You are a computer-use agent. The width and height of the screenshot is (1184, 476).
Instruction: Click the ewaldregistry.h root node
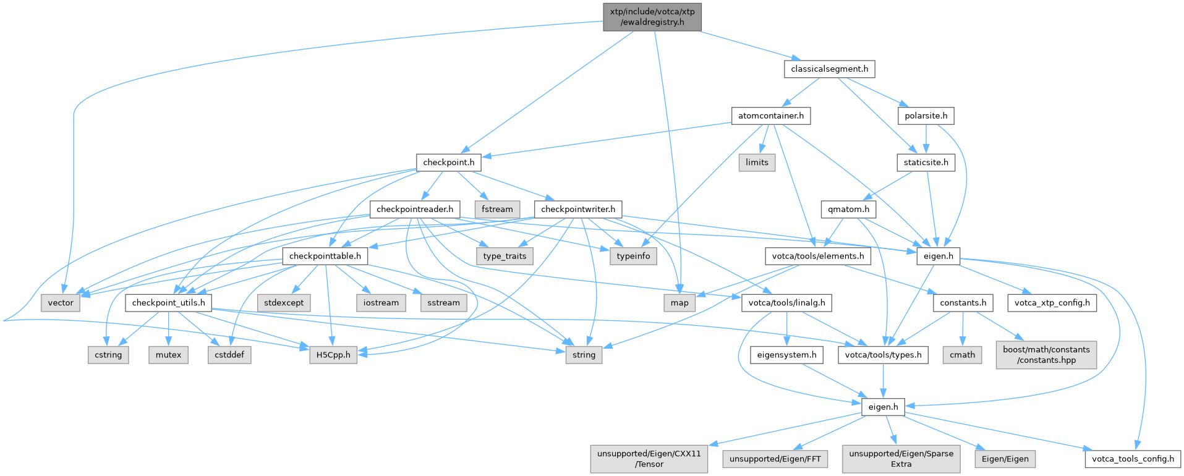click(652, 17)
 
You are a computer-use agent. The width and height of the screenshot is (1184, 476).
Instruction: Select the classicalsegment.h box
click(830, 69)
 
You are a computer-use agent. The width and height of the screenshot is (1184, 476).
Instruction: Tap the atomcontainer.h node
click(771, 116)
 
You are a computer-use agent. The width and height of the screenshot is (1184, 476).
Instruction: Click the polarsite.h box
click(926, 116)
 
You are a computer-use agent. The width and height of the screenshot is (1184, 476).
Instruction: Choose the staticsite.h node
click(926, 163)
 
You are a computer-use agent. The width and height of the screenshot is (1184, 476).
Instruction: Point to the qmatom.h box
click(849, 210)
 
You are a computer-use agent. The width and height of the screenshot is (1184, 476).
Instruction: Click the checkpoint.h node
click(449, 163)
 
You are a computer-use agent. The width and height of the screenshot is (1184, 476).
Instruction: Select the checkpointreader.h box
click(415, 210)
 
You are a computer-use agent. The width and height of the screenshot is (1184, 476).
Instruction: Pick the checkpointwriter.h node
click(578, 210)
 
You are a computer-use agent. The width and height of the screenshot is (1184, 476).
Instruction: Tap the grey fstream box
click(498, 210)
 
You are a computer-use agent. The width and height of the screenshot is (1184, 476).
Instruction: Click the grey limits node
click(757, 163)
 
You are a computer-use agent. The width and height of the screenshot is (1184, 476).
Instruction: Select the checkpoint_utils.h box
click(169, 303)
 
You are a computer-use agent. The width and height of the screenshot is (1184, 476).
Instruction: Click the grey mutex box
click(169, 355)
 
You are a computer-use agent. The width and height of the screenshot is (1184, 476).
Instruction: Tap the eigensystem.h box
click(787, 355)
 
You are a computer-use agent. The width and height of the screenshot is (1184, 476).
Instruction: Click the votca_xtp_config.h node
click(1052, 303)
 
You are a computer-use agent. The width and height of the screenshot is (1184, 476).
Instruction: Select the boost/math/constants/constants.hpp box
click(1046, 355)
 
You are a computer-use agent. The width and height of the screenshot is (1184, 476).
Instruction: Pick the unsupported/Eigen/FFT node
click(775, 459)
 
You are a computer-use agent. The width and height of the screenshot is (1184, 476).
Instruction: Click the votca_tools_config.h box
click(1133, 459)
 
